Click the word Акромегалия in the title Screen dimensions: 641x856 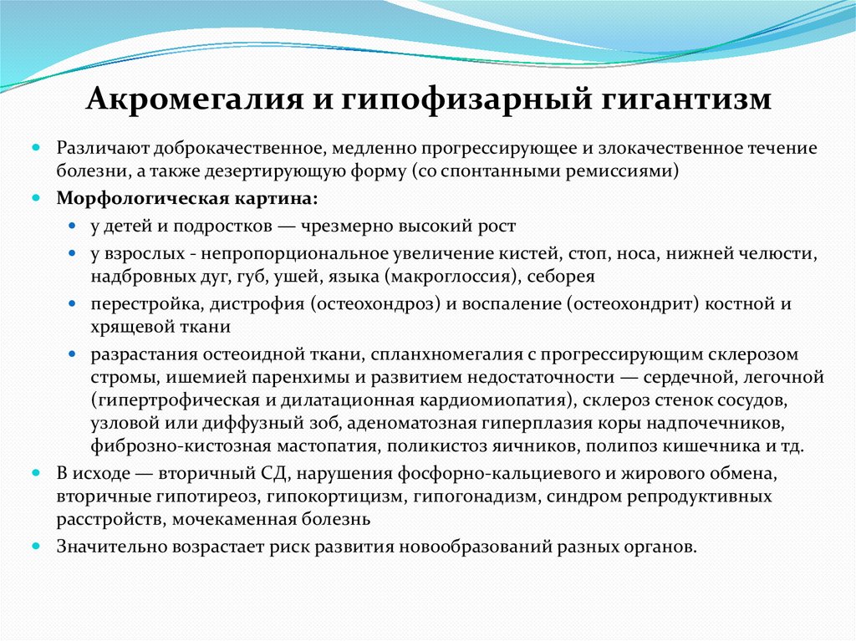pyautogui.click(x=191, y=99)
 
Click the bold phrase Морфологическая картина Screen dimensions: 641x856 pyautogui.click(x=187, y=200)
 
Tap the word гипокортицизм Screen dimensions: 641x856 pyautogui.click(x=334, y=496)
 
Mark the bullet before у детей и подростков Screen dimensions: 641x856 pyautogui.click(x=74, y=226)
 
